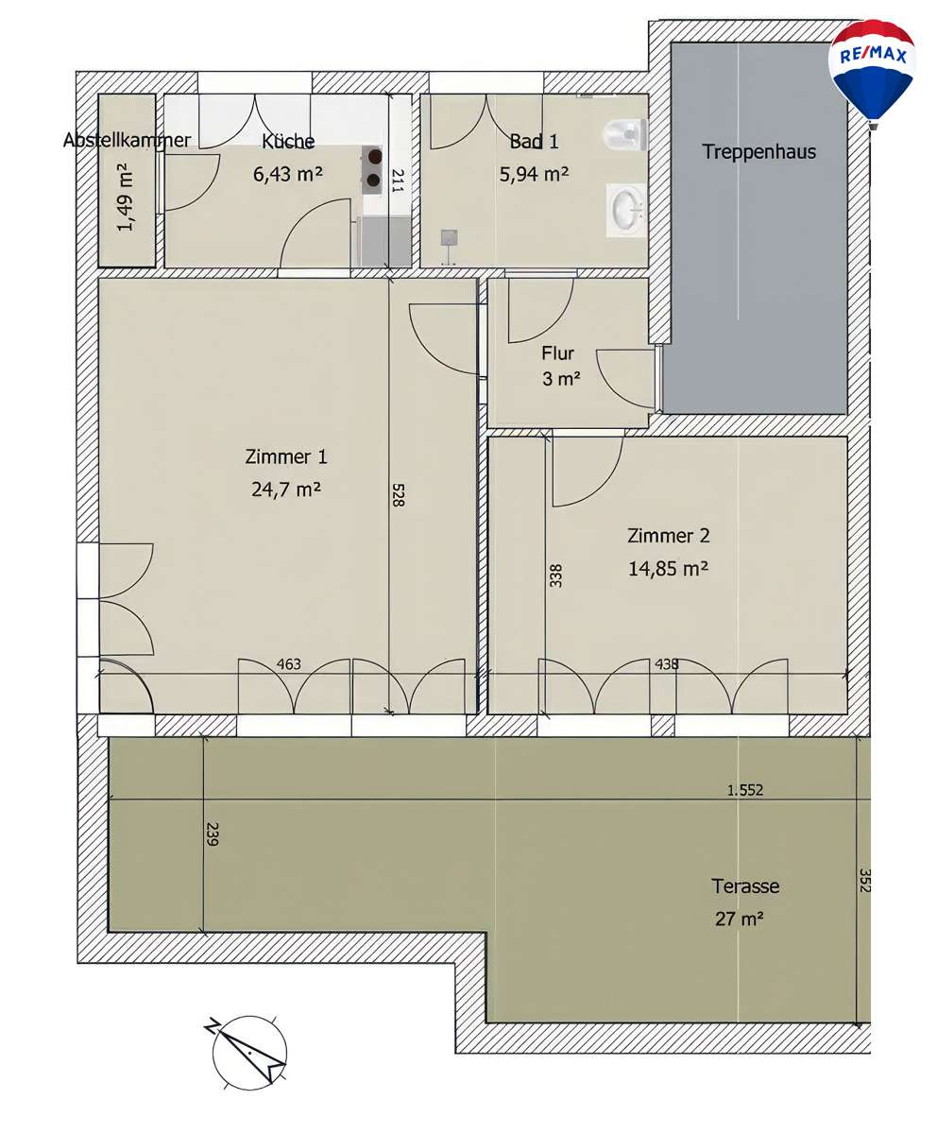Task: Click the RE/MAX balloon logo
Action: point(872,68)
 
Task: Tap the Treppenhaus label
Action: point(758,151)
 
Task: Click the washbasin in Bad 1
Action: point(626,208)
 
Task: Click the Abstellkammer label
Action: point(127,141)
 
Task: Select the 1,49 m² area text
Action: point(126,197)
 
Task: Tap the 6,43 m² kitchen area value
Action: point(288,174)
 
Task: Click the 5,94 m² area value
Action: point(534,174)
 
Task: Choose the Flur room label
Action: point(557,354)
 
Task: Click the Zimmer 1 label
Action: point(285,457)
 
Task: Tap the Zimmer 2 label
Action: point(668,536)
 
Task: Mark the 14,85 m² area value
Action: point(668,568)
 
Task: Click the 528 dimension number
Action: point(398,497)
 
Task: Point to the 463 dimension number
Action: point(289,664)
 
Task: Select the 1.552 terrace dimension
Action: point(744,790)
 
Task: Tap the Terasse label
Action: point(745,886)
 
